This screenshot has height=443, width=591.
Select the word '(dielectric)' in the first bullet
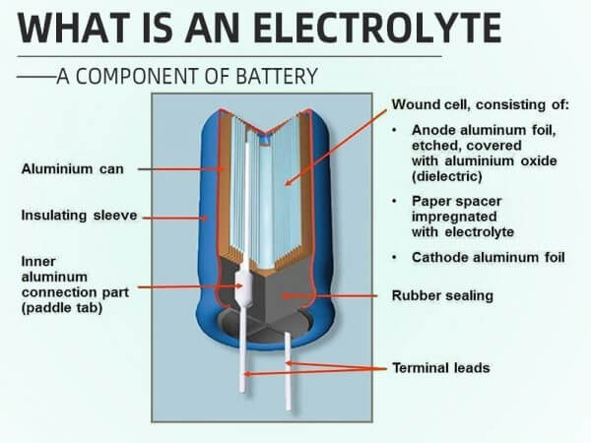[447, 177]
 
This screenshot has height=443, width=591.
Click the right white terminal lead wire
[287, 374]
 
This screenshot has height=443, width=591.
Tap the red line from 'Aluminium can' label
[182, 169]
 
